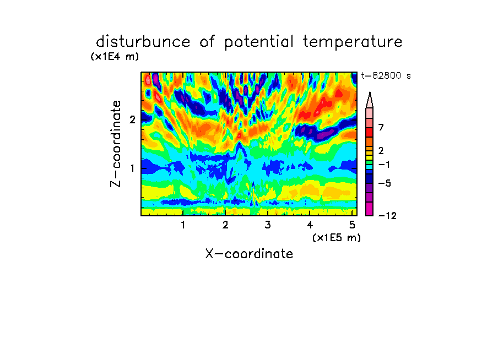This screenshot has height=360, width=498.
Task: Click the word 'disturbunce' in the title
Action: click(143, 42)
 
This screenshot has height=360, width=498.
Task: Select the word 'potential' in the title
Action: click(259, 42)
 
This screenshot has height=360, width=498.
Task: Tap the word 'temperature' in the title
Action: click(353, 42)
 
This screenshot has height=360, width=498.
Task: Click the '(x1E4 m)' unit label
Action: click(115, 57)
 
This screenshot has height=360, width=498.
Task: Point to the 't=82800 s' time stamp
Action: click(386, 76)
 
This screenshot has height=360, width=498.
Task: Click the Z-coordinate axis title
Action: click(116, 144)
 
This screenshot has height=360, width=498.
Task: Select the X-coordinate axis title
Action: click(249, 254)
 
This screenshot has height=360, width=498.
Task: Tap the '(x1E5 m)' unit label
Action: click(337, 238)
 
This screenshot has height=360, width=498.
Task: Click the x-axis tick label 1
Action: click(183, 225)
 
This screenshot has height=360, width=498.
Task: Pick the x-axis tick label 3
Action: click(268, 225)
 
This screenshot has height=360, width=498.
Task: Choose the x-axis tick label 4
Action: click(310, 225)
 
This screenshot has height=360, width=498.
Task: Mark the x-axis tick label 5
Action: click(352, 225)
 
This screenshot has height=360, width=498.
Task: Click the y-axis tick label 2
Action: click(132, 119)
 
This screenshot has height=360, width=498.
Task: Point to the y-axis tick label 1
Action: click(132, 168)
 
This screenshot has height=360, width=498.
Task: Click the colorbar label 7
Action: click(381, 128)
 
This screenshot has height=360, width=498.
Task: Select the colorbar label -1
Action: click(384, 165)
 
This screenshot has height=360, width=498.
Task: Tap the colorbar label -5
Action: click(385, 183)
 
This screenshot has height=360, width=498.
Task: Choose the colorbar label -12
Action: click(387, 216)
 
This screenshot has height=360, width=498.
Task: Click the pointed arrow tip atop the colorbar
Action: click(370, 92)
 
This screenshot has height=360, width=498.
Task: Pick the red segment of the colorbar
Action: click(370, 132)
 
